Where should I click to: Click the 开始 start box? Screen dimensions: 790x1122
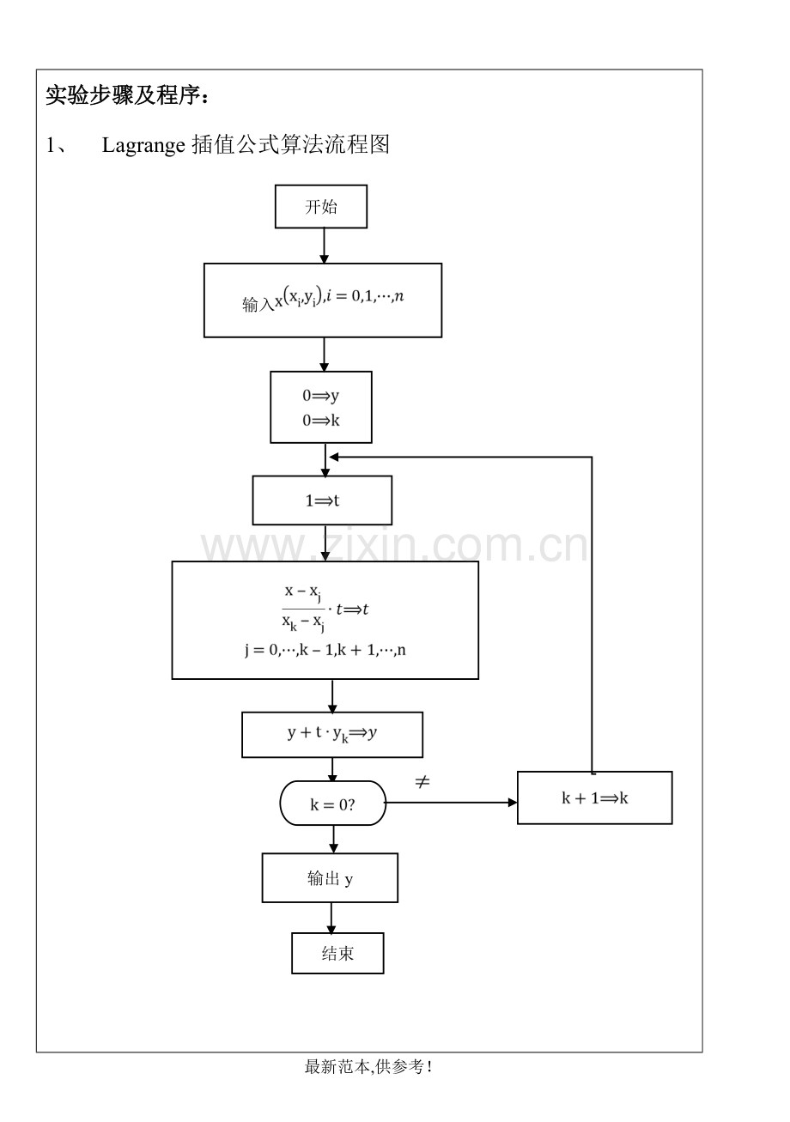[x=320, y=206]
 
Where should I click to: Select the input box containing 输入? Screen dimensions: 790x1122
[x=323, y=300]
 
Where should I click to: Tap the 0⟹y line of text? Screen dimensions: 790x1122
[x=320, y=396]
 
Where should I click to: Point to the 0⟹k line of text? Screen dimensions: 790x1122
[x=320, y=421]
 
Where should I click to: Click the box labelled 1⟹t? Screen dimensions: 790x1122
[x=322, y=500]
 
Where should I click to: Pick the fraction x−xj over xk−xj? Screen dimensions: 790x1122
[x=303, y=608]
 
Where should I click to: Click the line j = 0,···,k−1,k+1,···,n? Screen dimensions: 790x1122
[x=325, y=650]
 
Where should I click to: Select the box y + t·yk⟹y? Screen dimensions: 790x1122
[x=332, y=735]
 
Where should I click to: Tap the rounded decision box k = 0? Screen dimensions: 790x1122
[x=333, y=803]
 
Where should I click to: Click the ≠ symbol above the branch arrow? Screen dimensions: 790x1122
[x=422, y=782]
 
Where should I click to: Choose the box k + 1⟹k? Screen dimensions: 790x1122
[x=594, y=798]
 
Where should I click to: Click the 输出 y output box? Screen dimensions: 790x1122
[x=330, y=878]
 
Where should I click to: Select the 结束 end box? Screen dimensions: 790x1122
[x=337, y=953]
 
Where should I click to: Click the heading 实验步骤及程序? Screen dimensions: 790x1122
[x=127, y=94]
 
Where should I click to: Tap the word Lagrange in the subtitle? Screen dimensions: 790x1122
[x=143, y=145]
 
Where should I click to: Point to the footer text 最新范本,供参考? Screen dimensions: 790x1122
[x=368, y=1066]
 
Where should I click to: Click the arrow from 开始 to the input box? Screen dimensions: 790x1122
[x=324, y=246]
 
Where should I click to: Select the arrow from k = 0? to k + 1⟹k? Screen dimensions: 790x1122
[x=451, y=803]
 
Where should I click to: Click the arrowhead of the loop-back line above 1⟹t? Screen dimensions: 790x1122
[x=334, y=457]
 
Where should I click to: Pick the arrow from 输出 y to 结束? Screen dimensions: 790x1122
[x=331, y=919]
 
